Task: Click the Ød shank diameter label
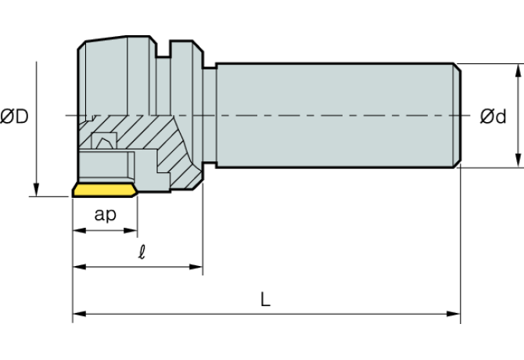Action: click(x=493, y=117)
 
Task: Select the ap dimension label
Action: click(x=105, y=214)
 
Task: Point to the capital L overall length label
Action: click(x=266, y=299)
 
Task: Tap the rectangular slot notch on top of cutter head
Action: click(x=165, y=49)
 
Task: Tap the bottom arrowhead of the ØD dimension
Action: click(x=36, y=190)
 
